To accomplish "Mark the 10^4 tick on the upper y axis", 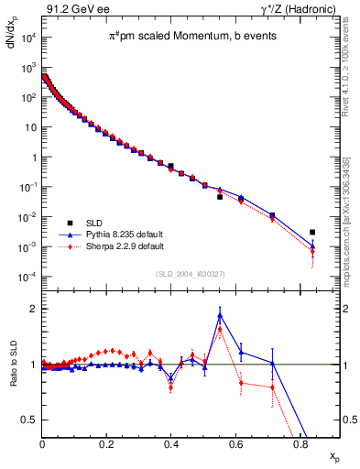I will point(31,38).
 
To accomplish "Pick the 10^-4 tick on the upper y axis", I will point(31,277).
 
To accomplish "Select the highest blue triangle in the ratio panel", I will point(220,315).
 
